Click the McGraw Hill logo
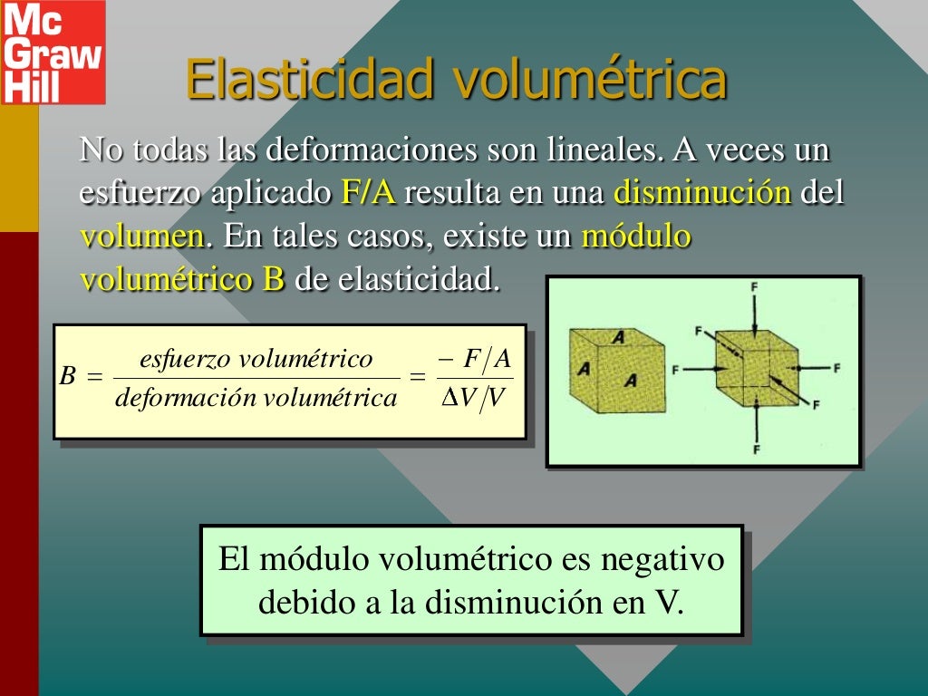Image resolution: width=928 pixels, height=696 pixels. [x=53, y=52]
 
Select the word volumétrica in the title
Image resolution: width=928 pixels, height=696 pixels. [x=589, y=80]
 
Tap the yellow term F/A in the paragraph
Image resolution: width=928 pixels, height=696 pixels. [x=369, y=193]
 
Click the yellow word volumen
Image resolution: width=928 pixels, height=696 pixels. [x=141, y=237]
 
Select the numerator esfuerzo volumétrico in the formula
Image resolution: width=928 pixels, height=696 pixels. [x=256, y=359]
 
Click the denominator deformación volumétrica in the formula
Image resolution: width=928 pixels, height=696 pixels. [x=256, y=397]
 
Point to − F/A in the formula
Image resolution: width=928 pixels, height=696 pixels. [x=474, y=359]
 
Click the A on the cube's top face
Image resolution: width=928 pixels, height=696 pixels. [x=618, y=337]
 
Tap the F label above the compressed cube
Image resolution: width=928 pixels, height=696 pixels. [x=755, y=287]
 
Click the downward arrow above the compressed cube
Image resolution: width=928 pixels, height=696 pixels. [x=755, y=313]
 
